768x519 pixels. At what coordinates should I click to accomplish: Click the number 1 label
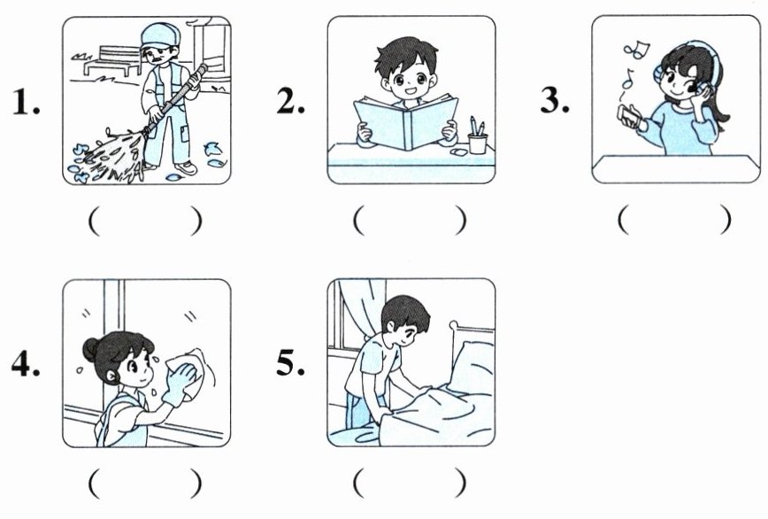[x=26, y=102]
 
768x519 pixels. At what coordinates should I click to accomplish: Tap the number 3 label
[x=555, y=100]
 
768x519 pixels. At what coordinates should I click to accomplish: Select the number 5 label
[x=290, y=363]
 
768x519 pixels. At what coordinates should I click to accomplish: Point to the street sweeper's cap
[x=160, y=35]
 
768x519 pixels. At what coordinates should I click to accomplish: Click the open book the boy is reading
[x=406, y=123]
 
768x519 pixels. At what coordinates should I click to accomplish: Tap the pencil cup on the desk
[x=477, y=143]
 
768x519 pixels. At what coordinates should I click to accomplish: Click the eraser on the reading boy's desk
[x=459, y=152]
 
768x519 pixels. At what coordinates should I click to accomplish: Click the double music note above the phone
[x=636, y=50]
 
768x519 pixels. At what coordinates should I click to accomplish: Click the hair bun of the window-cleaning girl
[x=91, y=350]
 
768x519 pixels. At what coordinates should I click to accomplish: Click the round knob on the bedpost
[x=454, y=325]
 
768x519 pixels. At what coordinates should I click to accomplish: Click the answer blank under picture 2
[x=410, y=221]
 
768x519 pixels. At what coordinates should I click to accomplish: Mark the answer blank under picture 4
[x=145, y=484]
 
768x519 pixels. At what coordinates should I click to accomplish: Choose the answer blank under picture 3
[x=675, y=220]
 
